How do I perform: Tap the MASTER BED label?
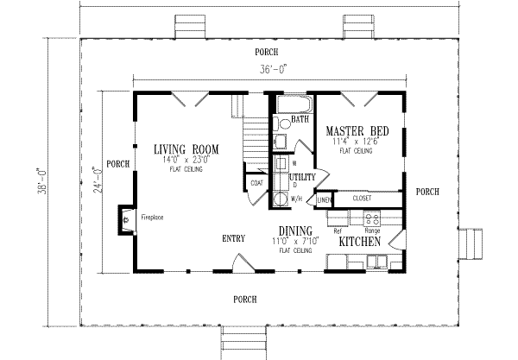click(357, 131)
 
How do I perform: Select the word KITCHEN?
click(361, 243)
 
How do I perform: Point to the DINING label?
click(294, 231)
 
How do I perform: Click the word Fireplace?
click(153, 218)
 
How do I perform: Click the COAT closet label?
click(256, 184)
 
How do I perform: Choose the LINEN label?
click(323, 200)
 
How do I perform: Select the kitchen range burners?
click(373, 219)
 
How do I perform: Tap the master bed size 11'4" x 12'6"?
click(357, 142)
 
